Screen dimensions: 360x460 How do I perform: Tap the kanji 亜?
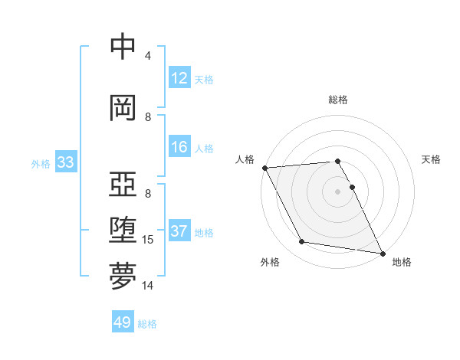click(123, 185)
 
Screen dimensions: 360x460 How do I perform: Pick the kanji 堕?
click(123, 231)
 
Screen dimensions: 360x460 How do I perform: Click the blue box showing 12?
click(179, 78)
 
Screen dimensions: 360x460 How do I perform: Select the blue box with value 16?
click(179, 147)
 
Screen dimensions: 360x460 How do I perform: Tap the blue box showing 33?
click(64, 162)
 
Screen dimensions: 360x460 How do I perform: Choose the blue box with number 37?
click(179, 231)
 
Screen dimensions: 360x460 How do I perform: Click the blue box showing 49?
click(123, 322)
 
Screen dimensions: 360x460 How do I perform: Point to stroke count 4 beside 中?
click(148, 56)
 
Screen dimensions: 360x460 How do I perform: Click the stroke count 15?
click(149, 240)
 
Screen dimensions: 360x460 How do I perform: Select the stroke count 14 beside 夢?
click(149, 286)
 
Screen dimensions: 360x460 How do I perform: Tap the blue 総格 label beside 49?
click(147, 324)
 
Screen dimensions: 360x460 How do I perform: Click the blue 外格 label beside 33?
click(41, 163)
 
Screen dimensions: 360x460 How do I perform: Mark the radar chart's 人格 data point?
click(264, 168)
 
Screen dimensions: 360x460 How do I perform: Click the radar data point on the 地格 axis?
click(381, 253)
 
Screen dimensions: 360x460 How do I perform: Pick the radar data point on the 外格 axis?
click(302, 242)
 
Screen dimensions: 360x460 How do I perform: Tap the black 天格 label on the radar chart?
click(432, 159)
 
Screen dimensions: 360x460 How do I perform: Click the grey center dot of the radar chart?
click(338, 191)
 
